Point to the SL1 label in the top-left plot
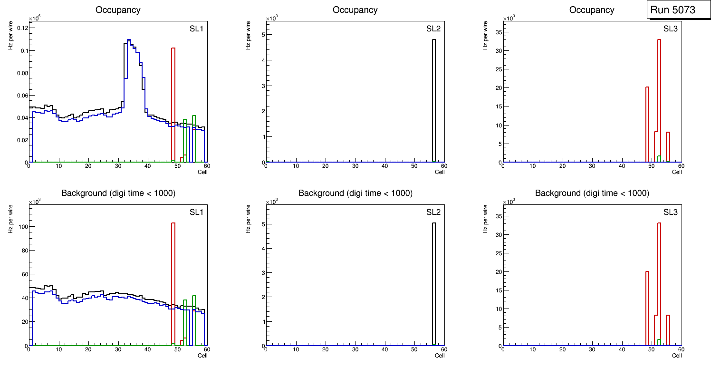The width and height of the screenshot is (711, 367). coord(196,29)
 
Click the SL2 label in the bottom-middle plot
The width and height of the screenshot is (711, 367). coord(433,212)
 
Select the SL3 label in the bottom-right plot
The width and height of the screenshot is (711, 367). coord(670,212)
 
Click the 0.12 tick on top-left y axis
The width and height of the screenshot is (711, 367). coord(21,28)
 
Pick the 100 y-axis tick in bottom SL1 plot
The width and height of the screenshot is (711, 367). coord(22,227)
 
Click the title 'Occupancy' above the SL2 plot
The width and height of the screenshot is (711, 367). coord(355,10)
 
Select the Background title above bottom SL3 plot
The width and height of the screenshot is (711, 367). coord(592,193)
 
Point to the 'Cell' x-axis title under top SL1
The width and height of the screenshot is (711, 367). coord(202,172)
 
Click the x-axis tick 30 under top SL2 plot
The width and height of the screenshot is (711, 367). coord(355,166)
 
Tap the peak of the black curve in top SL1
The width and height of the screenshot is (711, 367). coord(128,40)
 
